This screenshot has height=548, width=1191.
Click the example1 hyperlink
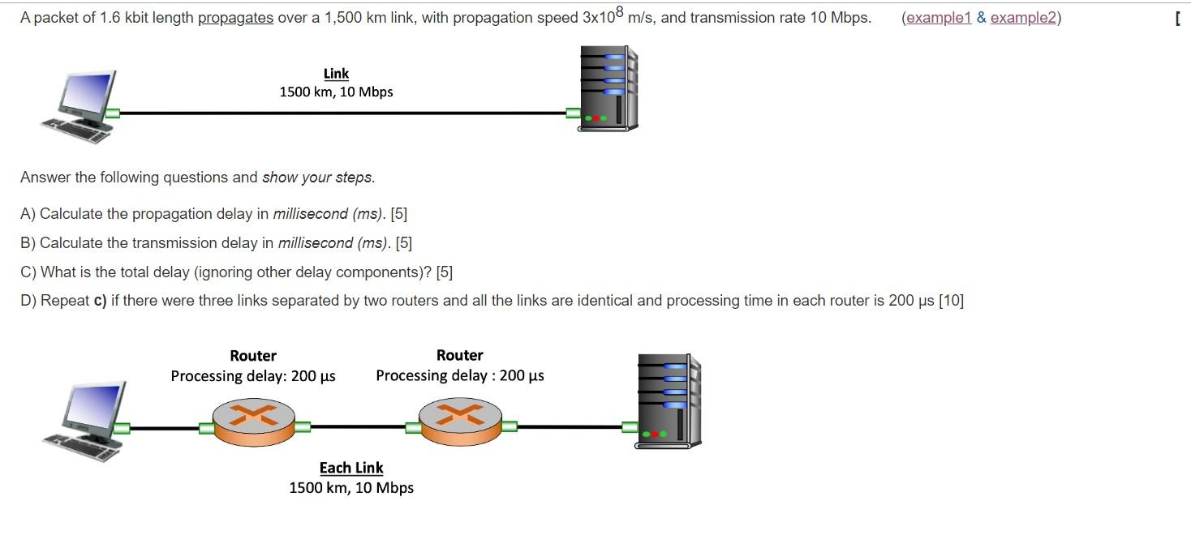coord(939,18)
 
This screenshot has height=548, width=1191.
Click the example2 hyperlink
coord(1023,18)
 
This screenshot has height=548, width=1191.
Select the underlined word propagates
coord(235,18)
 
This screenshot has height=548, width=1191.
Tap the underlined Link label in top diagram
coord(336,74)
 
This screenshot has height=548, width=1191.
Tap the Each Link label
coord(351,468)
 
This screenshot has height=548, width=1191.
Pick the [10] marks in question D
coord(951,301)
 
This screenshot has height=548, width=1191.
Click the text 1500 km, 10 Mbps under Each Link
coord(351,488)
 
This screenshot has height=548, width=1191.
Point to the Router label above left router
coord(253,356)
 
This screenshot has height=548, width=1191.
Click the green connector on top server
coord(573,113)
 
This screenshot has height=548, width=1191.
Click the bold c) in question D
coord(101,301)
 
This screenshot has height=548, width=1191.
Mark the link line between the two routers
coord(357,426)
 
